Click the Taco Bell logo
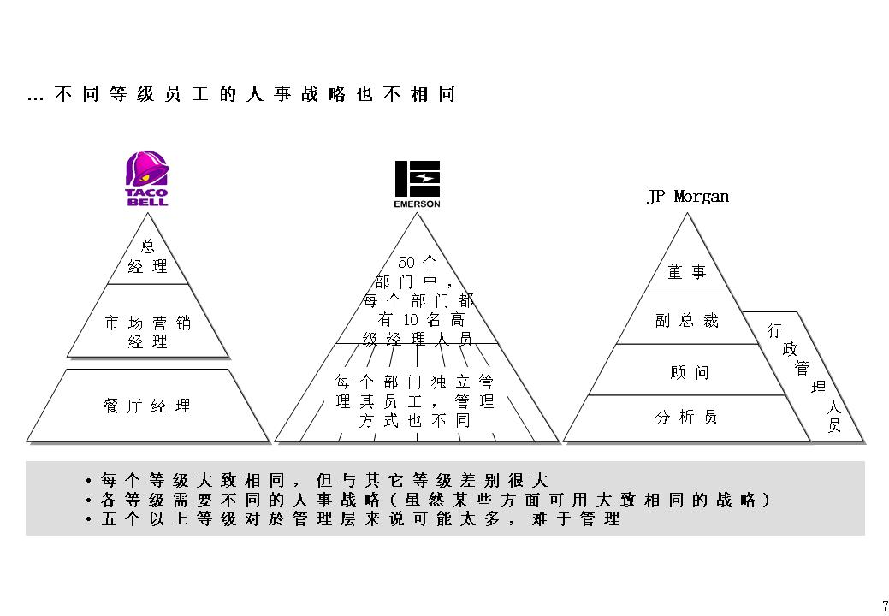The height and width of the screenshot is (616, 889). coord(147,179)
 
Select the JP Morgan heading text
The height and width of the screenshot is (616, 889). coord(688,197)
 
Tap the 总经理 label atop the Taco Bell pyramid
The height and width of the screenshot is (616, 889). coord(148,257)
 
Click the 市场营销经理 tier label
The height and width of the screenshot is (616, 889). coord(148,332)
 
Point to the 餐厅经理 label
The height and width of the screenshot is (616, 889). coord(148,406)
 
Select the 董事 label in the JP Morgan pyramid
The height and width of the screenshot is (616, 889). coord(687,272)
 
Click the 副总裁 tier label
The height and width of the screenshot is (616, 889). coord(687,321)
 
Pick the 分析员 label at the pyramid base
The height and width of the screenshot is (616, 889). coord(686,418)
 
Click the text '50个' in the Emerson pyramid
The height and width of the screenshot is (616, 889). coord(418,263)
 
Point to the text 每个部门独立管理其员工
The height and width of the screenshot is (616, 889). coord(415,391)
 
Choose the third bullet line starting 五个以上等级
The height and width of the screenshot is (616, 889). coord(360,519)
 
